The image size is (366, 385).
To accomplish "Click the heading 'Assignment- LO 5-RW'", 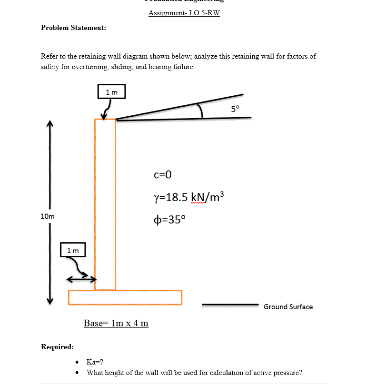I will [184, 13].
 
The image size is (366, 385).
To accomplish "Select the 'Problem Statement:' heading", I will [73, 28].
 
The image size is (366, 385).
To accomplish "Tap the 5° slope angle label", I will [236, 108].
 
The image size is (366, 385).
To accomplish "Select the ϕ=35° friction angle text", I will [171, 220].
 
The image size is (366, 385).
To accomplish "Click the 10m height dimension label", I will [48, 216].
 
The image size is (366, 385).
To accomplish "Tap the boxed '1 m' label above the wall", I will [111, 91].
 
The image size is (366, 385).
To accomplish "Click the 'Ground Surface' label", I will [288, 307].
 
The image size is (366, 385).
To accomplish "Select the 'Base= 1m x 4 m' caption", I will [116, 324].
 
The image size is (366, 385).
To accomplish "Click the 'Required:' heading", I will [57, 346].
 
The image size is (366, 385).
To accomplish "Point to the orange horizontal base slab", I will [125, 297].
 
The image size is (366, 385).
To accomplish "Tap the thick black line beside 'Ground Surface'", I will [230, 304].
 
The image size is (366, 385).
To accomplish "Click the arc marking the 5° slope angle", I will [202, 111].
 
